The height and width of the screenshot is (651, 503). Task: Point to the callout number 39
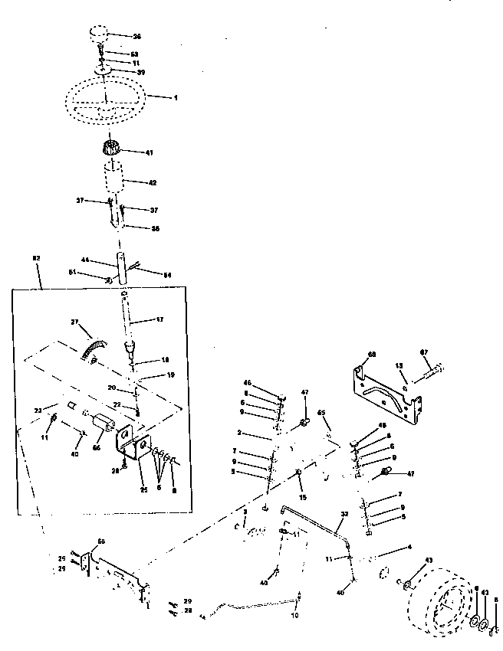click(x=140, y=71)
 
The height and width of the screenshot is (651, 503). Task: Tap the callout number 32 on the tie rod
click(x=344, y=514)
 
